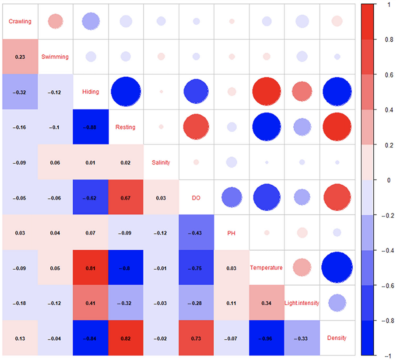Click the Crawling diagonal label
coord(20,21)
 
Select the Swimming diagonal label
coord(55,56)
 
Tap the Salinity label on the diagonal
coord(161,162)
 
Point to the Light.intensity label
coord(302,303)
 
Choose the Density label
coord(337,338)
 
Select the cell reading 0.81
coord(90,268)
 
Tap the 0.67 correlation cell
coord(125,198)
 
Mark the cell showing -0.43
coord(196,233)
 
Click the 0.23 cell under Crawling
coord(20,57)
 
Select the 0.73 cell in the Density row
coord(196,338)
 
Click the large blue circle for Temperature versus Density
coord(337,268)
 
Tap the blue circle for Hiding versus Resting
coord(125,92)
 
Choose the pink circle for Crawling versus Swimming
coord(55,21)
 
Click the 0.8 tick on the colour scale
coord(380,40)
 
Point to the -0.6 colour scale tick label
coord(382,285)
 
